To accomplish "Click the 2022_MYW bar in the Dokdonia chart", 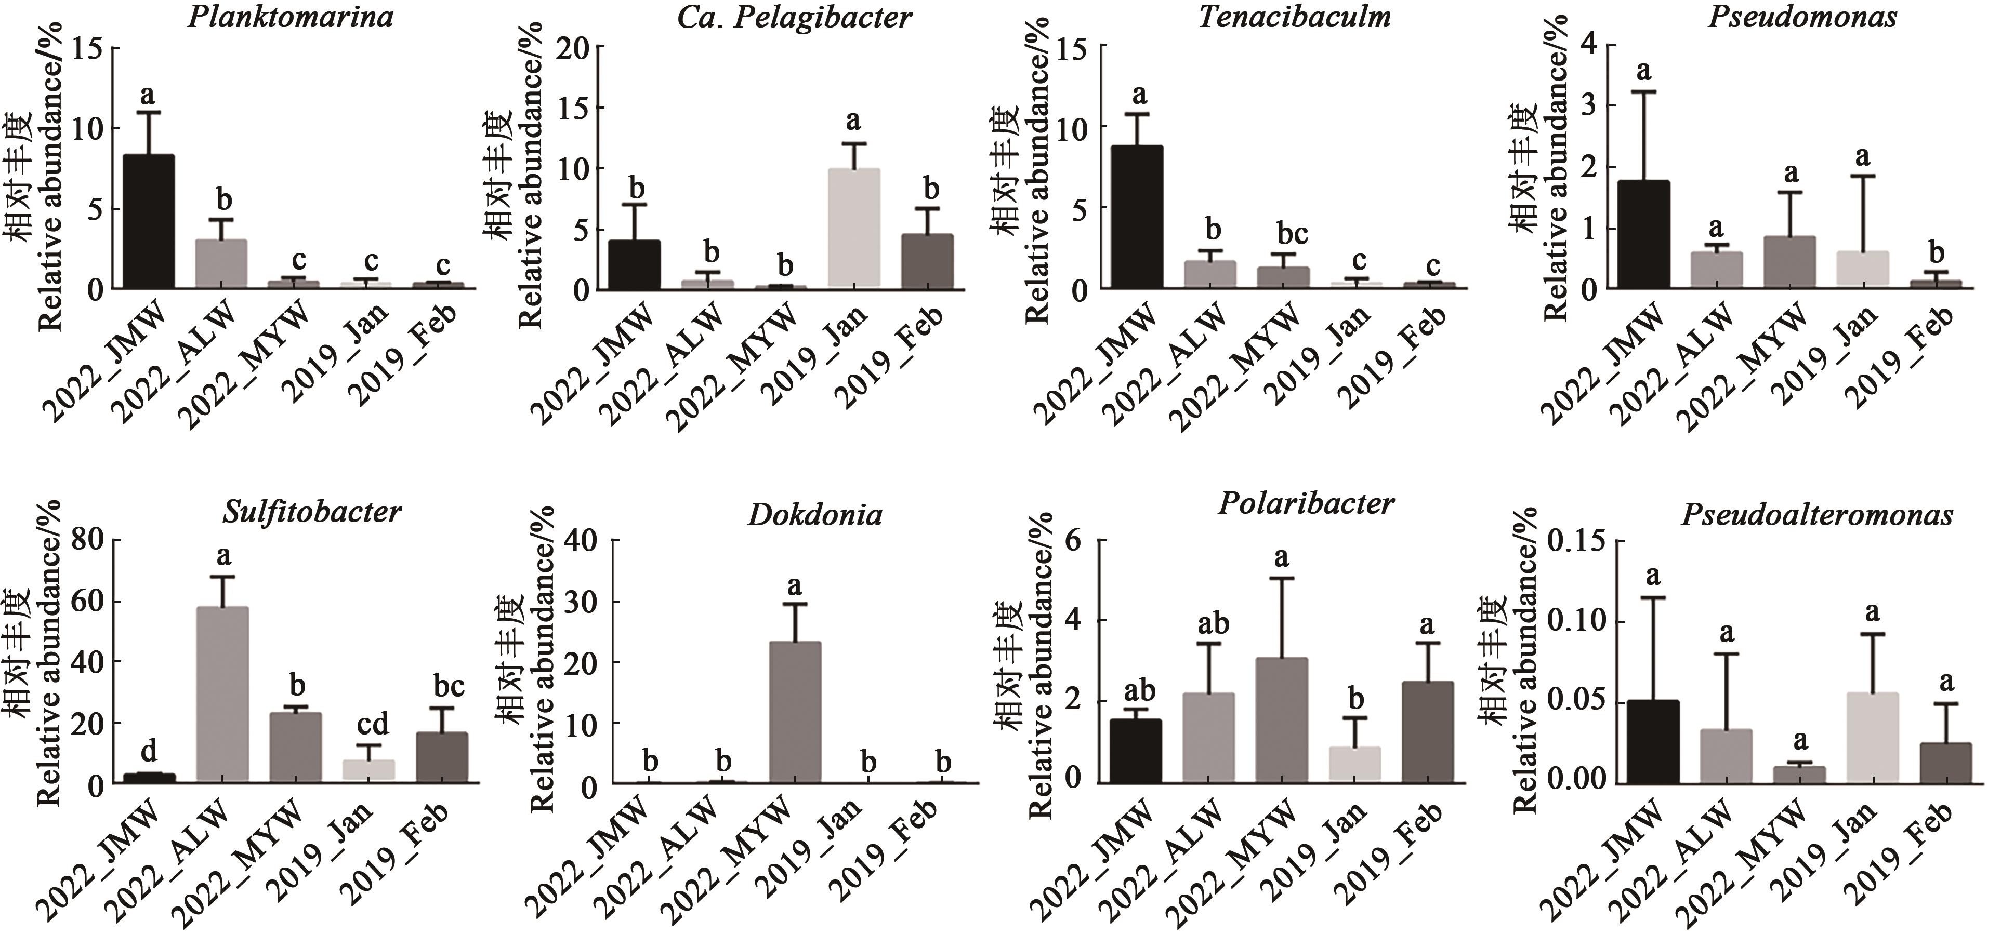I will pos(795,712).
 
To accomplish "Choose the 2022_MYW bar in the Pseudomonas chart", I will pos(1789,262).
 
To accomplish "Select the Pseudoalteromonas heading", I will pos(1816,515).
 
